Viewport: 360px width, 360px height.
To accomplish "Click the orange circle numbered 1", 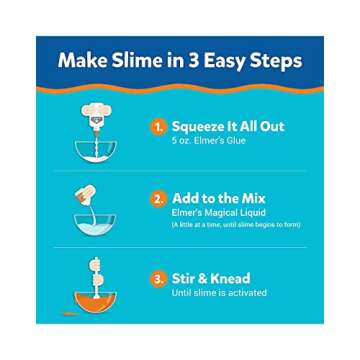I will [158, 127].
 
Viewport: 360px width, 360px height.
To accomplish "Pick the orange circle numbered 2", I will [158, 198].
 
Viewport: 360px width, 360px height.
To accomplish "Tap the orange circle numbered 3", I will [158, 278].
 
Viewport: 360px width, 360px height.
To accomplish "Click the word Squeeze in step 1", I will [202, 127].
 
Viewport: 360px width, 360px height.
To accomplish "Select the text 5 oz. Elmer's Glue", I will [209, 141].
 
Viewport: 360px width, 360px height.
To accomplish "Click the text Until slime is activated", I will [219, 292].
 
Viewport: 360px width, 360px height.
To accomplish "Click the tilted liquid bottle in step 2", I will [91, 197].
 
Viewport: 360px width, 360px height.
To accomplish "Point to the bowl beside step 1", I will [96, 150].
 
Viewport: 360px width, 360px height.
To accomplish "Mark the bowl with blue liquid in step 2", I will [96, 223].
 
